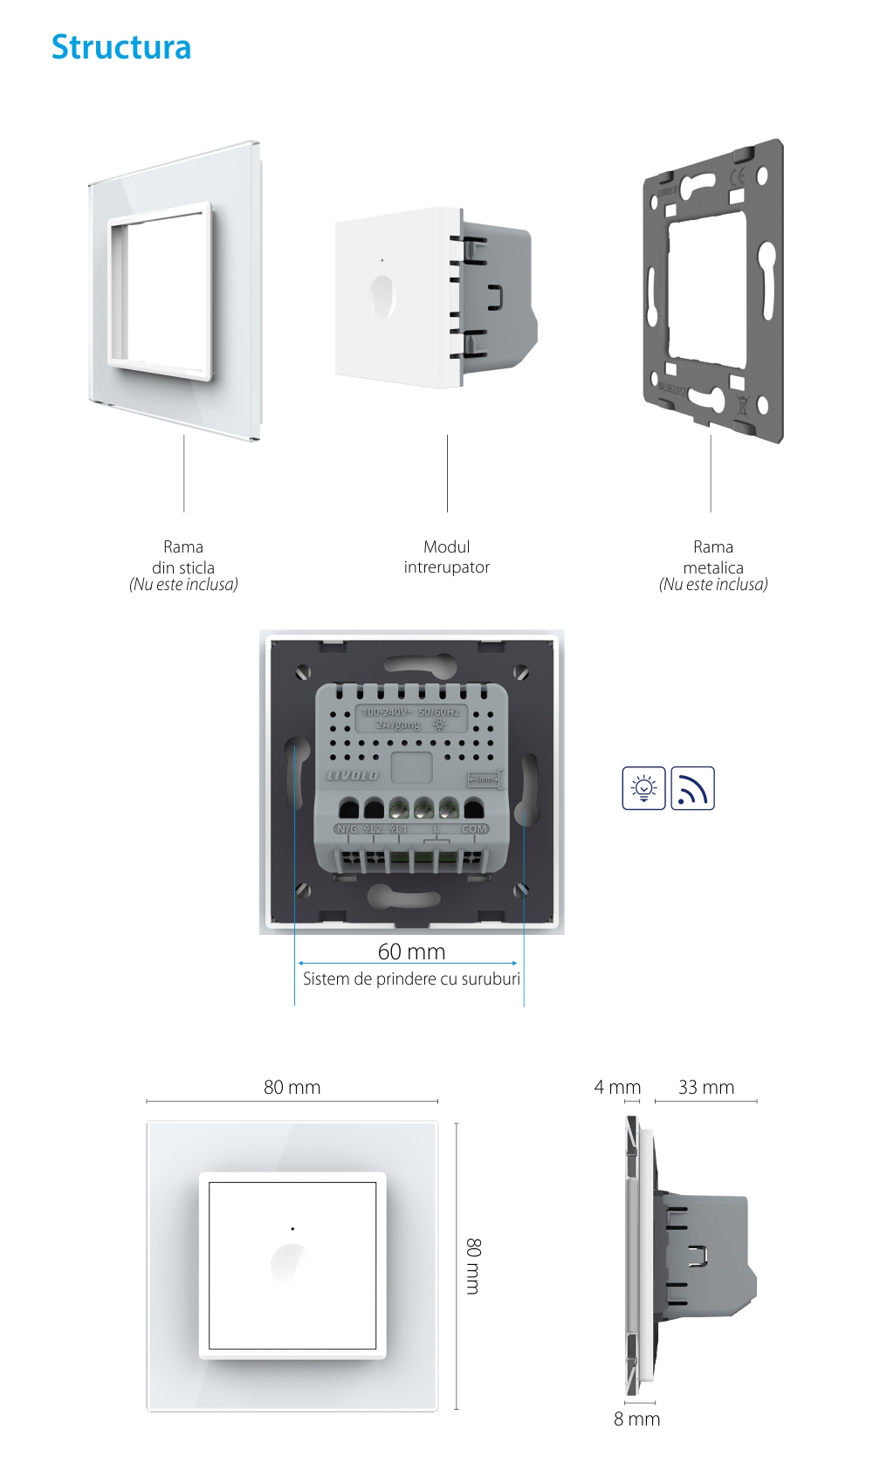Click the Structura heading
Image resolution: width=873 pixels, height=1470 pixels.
pyautogui.click(x=120, y=47)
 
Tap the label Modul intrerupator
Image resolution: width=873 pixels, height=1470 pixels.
pyautogui.click(x=446, y=557)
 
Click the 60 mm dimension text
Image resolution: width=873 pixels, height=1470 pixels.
pyautogui.click(x=411, y=951)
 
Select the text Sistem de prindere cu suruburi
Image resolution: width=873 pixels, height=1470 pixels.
pyautogui.click(x=411, y=979)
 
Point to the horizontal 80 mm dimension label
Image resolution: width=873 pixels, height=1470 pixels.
pyautogui.click(x=292, y=1088)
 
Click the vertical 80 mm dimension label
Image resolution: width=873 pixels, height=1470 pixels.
pyautogui.click(x=473, y=1266)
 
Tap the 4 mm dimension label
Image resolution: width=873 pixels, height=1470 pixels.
pyautogui.click(x=617, y=1088)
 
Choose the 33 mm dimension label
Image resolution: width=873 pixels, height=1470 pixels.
pyautogui.click(x=706, y=1088)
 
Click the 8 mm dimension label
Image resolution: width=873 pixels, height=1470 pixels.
pyautogui.click(x=636, y=1419)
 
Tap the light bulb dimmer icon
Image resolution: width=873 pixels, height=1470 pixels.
pyautogui.click(x=643, y=788)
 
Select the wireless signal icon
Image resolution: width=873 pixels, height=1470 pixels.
pyautogui.click(x=692, y=788)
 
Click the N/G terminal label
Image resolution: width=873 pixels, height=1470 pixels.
pyautogui.click(x=347, y=828)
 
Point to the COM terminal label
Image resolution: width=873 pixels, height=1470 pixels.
pyautogui.click(x=474, y=828)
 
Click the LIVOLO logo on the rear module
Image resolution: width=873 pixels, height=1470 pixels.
pyautogui.click(x=353, y=775)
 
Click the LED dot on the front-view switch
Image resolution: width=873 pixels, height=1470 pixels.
pyautogui.click(x=292, y=1229)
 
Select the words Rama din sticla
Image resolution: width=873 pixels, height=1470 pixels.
pyautogui.click(x=183, y=557)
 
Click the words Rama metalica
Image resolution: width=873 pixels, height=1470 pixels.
pyautogui.click(x=713, y=557)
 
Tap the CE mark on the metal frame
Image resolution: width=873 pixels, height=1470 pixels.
pyautogui.click(x=737, y=179)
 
